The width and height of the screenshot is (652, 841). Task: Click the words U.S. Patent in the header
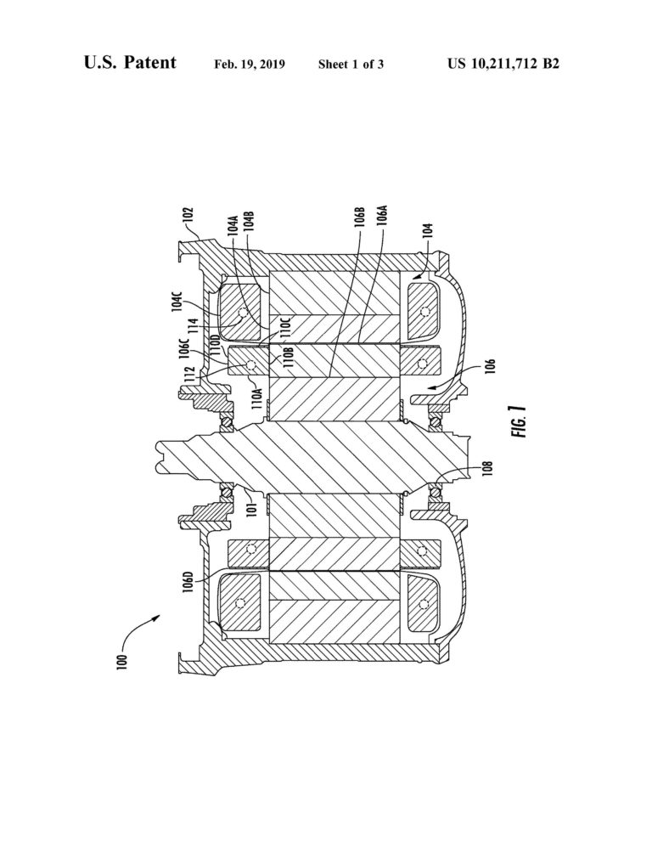coord(130,63)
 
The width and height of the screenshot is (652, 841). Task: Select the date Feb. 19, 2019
coord(250,65)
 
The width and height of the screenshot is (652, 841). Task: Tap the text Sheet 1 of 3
coord(351,65)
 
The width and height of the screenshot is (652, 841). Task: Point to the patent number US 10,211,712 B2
coord(503,65)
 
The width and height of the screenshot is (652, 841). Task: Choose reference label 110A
coord(257,397)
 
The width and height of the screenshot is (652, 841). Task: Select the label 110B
coord(289,357)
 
